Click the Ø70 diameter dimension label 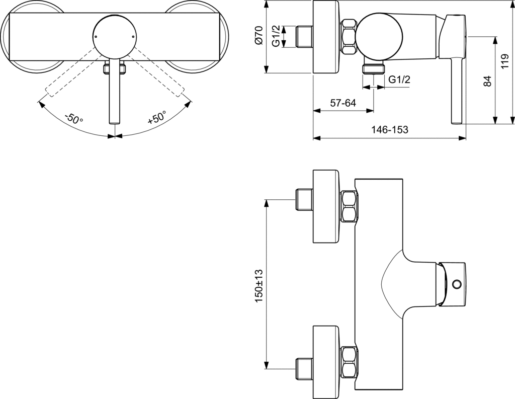[258, 36]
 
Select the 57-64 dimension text [343, 103]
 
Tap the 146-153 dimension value [390, 130]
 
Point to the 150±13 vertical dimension [259, 285]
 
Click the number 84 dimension [487, 81]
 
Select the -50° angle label [73, 119]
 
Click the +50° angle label [156, 118]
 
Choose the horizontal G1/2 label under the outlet [400, 79]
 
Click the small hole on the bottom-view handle [457, 285]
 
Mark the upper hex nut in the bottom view [350, 206]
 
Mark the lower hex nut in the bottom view [350, 362]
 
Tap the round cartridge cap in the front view [115, 36]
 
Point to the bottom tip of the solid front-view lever [115, 121]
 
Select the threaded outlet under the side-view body [374, 68]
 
